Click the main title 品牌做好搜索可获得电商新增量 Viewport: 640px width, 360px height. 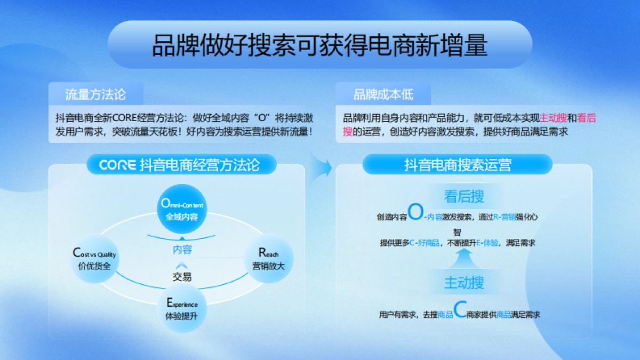point(320,45)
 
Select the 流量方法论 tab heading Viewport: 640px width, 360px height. point(95,95)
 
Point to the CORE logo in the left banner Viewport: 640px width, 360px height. point(117,165)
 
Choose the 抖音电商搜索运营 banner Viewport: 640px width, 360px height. point(458,165)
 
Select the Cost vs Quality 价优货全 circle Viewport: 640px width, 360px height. point(94,259)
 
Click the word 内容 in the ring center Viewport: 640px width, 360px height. point(182,249)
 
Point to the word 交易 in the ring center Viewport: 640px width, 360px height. point(182,277)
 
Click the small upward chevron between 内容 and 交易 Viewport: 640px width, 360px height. point(182,265)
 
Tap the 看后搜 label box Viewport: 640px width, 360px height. point(464,196)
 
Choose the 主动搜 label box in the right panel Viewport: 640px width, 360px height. point(464,283)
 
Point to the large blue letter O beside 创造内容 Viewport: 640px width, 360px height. point(415,213)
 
